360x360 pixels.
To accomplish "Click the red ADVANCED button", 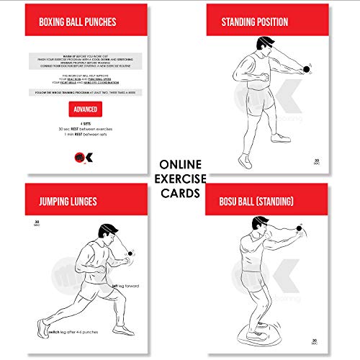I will coord(84,109).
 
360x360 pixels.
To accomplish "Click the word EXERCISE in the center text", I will coord(180,179).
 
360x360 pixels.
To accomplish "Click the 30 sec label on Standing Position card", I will coord(315,162).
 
